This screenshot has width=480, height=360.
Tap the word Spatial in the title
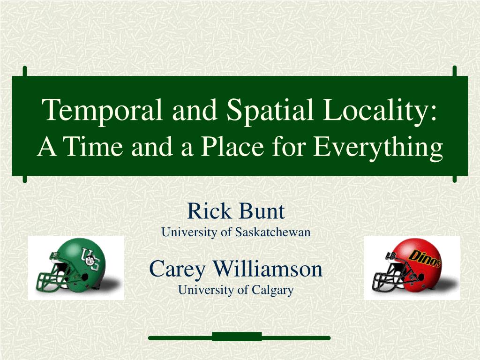coord(270,110)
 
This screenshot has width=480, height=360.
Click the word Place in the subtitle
coord(232,146)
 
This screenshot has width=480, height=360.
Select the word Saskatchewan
coord(273,232)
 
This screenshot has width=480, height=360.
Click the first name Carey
coord(177,270)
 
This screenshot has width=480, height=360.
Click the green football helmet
coord(72,265)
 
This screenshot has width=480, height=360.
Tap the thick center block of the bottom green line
coord(237,337)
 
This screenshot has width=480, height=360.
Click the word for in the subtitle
coord(288,146)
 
